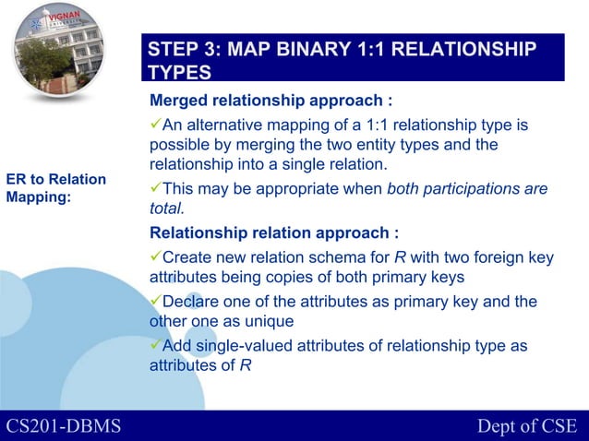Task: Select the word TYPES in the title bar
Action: click(x=180, y=73)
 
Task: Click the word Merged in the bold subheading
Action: click(x=182, y=100)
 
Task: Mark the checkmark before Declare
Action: click(x=155, y=302)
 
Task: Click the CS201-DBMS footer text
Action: click(x=64, y=425)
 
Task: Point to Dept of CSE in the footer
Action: click(x=526, y=425)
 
